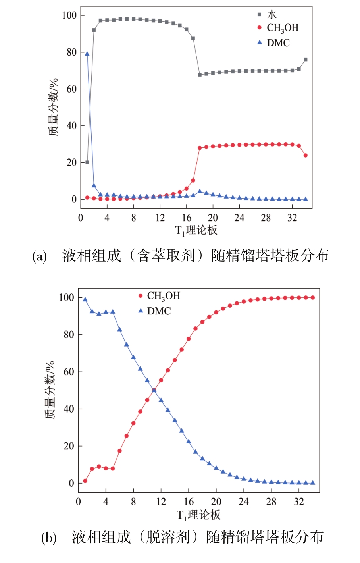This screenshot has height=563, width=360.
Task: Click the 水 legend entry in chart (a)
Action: pyautogui.click(x=271, y=15)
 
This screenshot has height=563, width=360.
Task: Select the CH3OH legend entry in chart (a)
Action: pyautogui.click(x=282, y=28)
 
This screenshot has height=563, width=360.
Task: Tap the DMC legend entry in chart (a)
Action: pyautogui.click(x=278, y=43)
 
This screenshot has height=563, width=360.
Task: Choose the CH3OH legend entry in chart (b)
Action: pyautogui.click(x=163, y=296)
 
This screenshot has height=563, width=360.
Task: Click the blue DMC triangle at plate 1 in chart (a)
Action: pyautogui.click(x=87, y=54)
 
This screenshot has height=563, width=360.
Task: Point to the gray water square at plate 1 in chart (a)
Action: pyautogui.click(x=87, y=162)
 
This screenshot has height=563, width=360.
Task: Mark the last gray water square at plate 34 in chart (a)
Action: pyautogui.click(x=306, y=60)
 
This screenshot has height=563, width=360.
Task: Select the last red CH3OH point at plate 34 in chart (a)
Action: pyautogui.click(x=306, y=155)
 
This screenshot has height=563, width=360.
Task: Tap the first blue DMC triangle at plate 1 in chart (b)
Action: pyautogui.click(x=85, y=299)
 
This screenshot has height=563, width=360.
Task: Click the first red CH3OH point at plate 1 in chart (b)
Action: pyautogui.click(x=85, y=481)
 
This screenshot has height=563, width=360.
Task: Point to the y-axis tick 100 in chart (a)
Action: pyautogui.click(x=69, y=15)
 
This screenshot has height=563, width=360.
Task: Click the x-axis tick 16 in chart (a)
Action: pyautogui.click(x=187, y=218)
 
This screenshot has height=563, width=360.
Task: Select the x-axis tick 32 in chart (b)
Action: pyautogui.click(x=299, y=502)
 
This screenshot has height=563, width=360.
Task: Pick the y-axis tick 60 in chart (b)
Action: pyautogui.click(x=69, y=372)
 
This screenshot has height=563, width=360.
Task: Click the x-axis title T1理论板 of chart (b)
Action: pyautogui.click(x=198, y=515)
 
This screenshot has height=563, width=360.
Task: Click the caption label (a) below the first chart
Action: pyautogui.click(x=40, y=256)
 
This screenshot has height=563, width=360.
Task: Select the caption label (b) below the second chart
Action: pyautogui.click(x=49, y=538)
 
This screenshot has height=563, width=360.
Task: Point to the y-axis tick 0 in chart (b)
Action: pyautogui.click(x=71, y=483)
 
